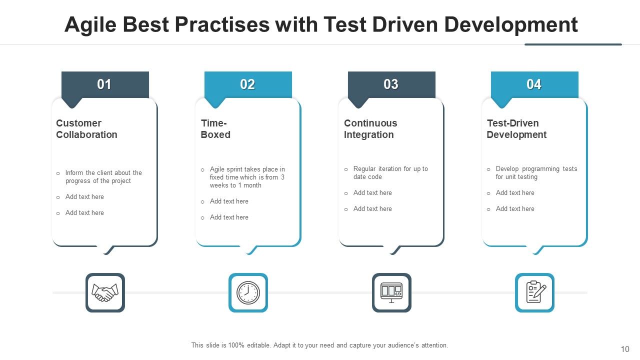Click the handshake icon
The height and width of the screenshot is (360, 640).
[105, 292]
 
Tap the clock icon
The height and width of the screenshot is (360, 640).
[248, 292]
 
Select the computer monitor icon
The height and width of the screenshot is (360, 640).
[391, 292]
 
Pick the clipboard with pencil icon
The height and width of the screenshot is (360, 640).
[534, 292]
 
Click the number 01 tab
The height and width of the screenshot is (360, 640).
[105, 84]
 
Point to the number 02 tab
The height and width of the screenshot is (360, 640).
[248, 84]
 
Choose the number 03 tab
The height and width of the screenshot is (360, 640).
[391, 84]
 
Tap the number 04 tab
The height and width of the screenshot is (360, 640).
[534, 84]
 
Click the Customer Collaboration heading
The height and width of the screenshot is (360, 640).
[86, 129]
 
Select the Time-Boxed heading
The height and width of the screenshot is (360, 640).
[215, 129]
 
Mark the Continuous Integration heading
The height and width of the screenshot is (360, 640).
[370, 129]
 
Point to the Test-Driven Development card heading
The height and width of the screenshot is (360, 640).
[516, 129]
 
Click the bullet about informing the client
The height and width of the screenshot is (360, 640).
[103, 177]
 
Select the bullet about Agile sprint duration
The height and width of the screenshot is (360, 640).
[247, 177]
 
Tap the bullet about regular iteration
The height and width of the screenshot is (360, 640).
[390, 173]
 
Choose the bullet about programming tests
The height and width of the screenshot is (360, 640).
[536, 173]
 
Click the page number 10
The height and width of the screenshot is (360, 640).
[624, 349]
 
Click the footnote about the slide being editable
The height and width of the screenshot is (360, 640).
[319, 345]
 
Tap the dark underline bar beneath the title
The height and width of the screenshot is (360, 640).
[573, 44]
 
